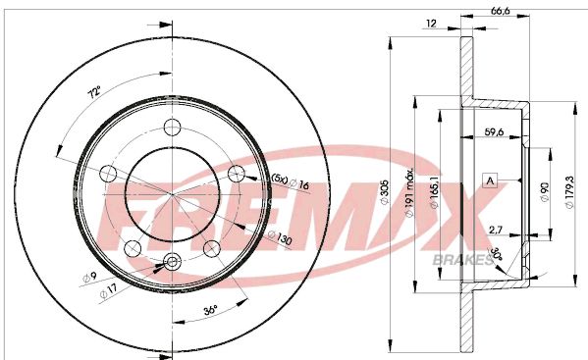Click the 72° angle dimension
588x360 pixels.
[x=94, y=94]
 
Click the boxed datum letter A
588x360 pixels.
[x=490, y=180]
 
